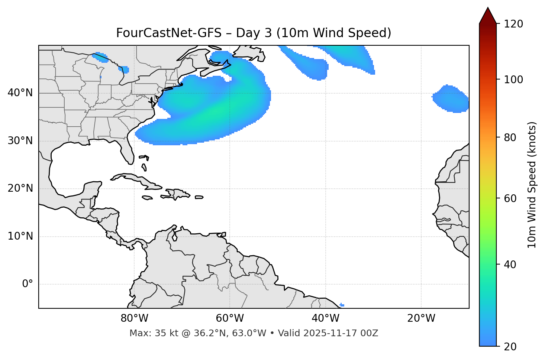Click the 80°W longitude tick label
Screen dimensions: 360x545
[x=134, y=318]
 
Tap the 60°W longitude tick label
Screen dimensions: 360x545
[x=230, y=318]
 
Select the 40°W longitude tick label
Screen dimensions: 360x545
[x=325, y=318]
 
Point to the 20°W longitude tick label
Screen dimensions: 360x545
[x=421, y=318]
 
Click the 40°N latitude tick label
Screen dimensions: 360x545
[x=20, y=93]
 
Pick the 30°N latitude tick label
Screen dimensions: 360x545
[x=20, y=141]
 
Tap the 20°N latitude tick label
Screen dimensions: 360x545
[x=20, y=188]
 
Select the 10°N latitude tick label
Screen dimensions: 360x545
[x=20, y=236]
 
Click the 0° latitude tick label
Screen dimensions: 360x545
[x=28, y=284]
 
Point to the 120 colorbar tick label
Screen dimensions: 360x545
[x=513, y=24]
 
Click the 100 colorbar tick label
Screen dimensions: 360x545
[x=513, y=80]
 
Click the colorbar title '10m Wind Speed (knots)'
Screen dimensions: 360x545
[x=532, y=185]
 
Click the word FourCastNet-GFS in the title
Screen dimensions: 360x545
[x=169, y=33]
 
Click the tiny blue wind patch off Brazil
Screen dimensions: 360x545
[x=342, y=305]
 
